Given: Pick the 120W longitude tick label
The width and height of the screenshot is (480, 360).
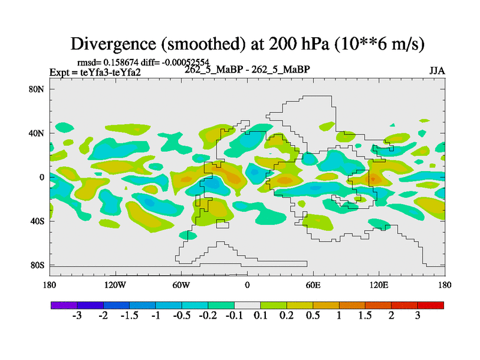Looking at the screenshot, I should [115, 284].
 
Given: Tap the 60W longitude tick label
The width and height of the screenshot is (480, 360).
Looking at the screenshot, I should [181, 284].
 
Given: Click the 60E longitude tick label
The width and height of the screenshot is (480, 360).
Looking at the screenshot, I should [313, 284].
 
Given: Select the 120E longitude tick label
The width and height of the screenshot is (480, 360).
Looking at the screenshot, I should [379, 284].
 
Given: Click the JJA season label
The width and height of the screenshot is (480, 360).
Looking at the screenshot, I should [437, 70].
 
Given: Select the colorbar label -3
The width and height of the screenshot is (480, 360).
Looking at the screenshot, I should [77, 316].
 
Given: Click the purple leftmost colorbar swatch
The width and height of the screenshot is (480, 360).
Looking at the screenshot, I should [64, 305].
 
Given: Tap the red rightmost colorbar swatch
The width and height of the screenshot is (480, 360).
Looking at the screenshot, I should [431, 305].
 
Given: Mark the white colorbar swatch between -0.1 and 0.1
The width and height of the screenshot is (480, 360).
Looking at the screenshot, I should [247, 305].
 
